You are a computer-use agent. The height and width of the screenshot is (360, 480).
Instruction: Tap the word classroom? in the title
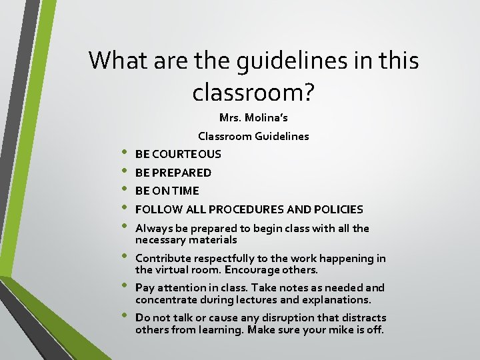click(253, 92)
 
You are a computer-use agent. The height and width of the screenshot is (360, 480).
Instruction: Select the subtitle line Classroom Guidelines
click(253, 136)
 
